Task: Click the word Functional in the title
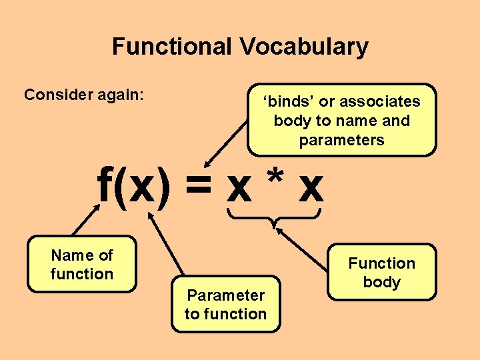click(173, 47)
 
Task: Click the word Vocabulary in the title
click(304, 47)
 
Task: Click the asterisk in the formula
click(275, 179)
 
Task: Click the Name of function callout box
click(82, 265)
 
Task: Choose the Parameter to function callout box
click(225, 304)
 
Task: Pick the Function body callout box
click(381, 272)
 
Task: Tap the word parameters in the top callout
click(341, 140)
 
